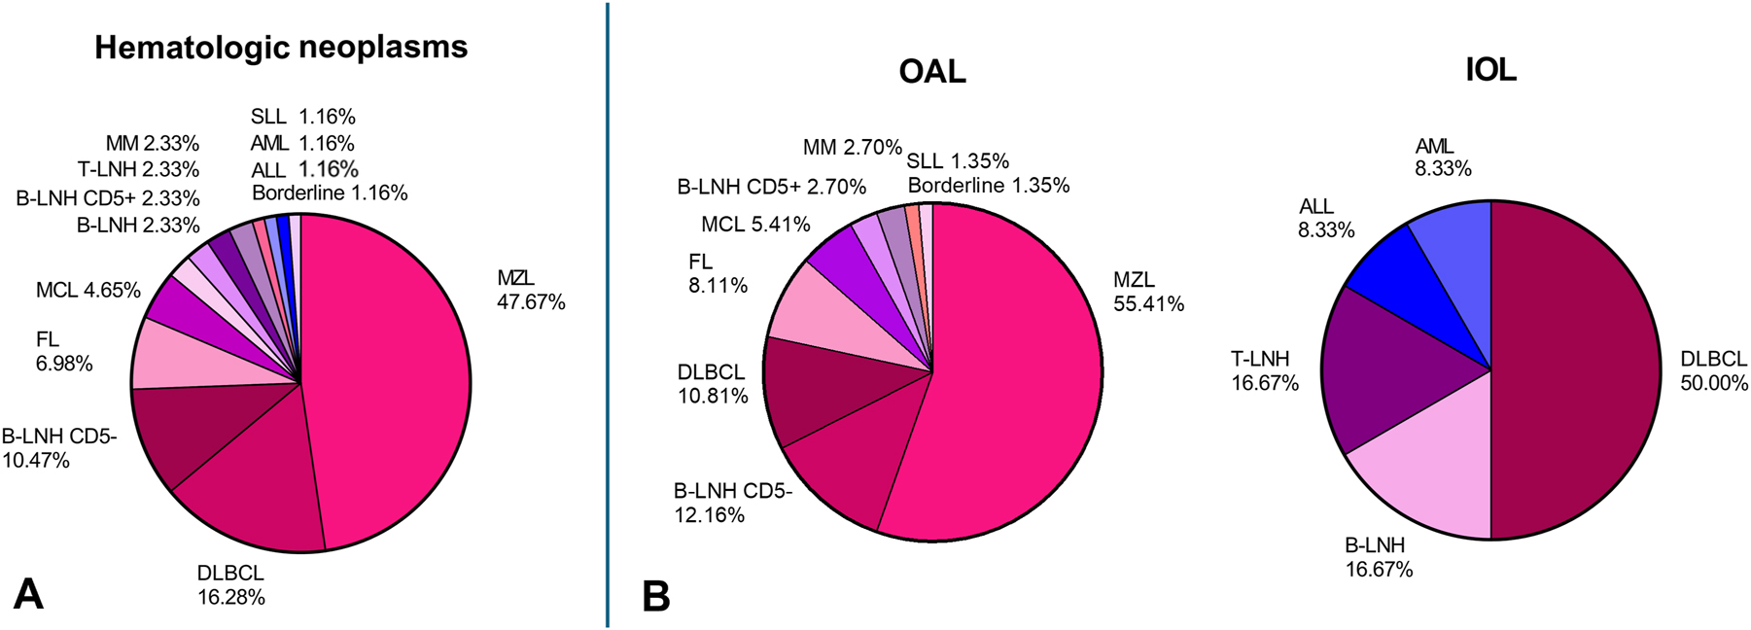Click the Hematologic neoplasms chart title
coord(281,47)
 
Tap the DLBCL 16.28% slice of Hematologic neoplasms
coord(253,486)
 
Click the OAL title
coord(932,71)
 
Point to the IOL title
coord(1490,69)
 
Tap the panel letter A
coord(28,593)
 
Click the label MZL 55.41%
coord(1148,292)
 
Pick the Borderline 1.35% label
coord(989,186)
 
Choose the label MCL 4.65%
coord(88,290)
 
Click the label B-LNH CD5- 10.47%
coord(58,448)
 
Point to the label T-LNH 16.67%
coord(1264,370)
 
